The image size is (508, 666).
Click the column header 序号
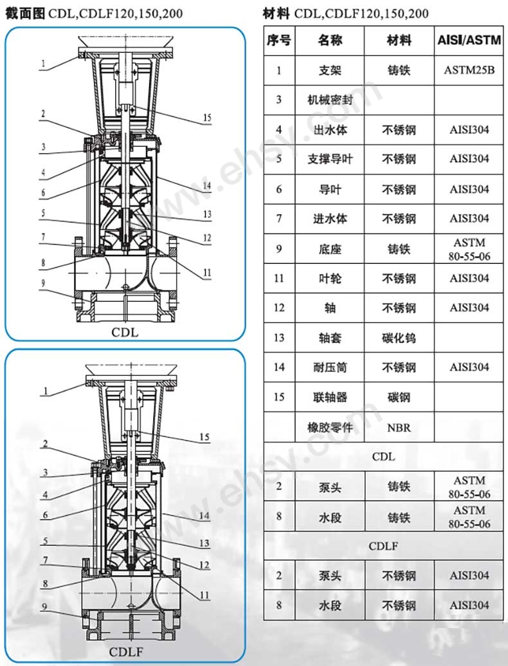[278, 41]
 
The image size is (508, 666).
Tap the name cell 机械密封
[330, 100]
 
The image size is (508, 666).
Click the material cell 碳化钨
[399, 337]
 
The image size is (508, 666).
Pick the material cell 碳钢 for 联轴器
[399, 397]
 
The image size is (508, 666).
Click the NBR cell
[399, 427]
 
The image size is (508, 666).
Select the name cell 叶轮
[330, 278]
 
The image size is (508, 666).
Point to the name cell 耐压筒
[330, 367]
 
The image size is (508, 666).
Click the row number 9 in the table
[278, 248]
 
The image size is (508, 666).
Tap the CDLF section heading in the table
[383, 546]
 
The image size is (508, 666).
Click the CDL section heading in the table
[383, 457]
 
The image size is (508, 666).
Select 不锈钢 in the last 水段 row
[399, 605]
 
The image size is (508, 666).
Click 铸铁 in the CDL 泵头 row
[399, 486]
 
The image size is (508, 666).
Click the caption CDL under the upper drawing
[125, 333]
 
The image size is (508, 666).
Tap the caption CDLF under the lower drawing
[125, 651]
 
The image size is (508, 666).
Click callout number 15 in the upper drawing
[206, 118]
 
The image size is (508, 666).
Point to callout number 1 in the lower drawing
[46, 391]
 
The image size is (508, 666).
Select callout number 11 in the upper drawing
[206, 273]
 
